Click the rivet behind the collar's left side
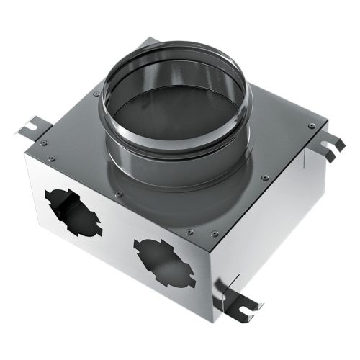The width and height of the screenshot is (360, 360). pyautogui.click(x=96, y=94)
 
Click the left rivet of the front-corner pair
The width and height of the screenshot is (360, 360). pyautogui.click(x=189, y=232)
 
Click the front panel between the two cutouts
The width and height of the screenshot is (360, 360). pyautogui.click(x=115, y=234)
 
